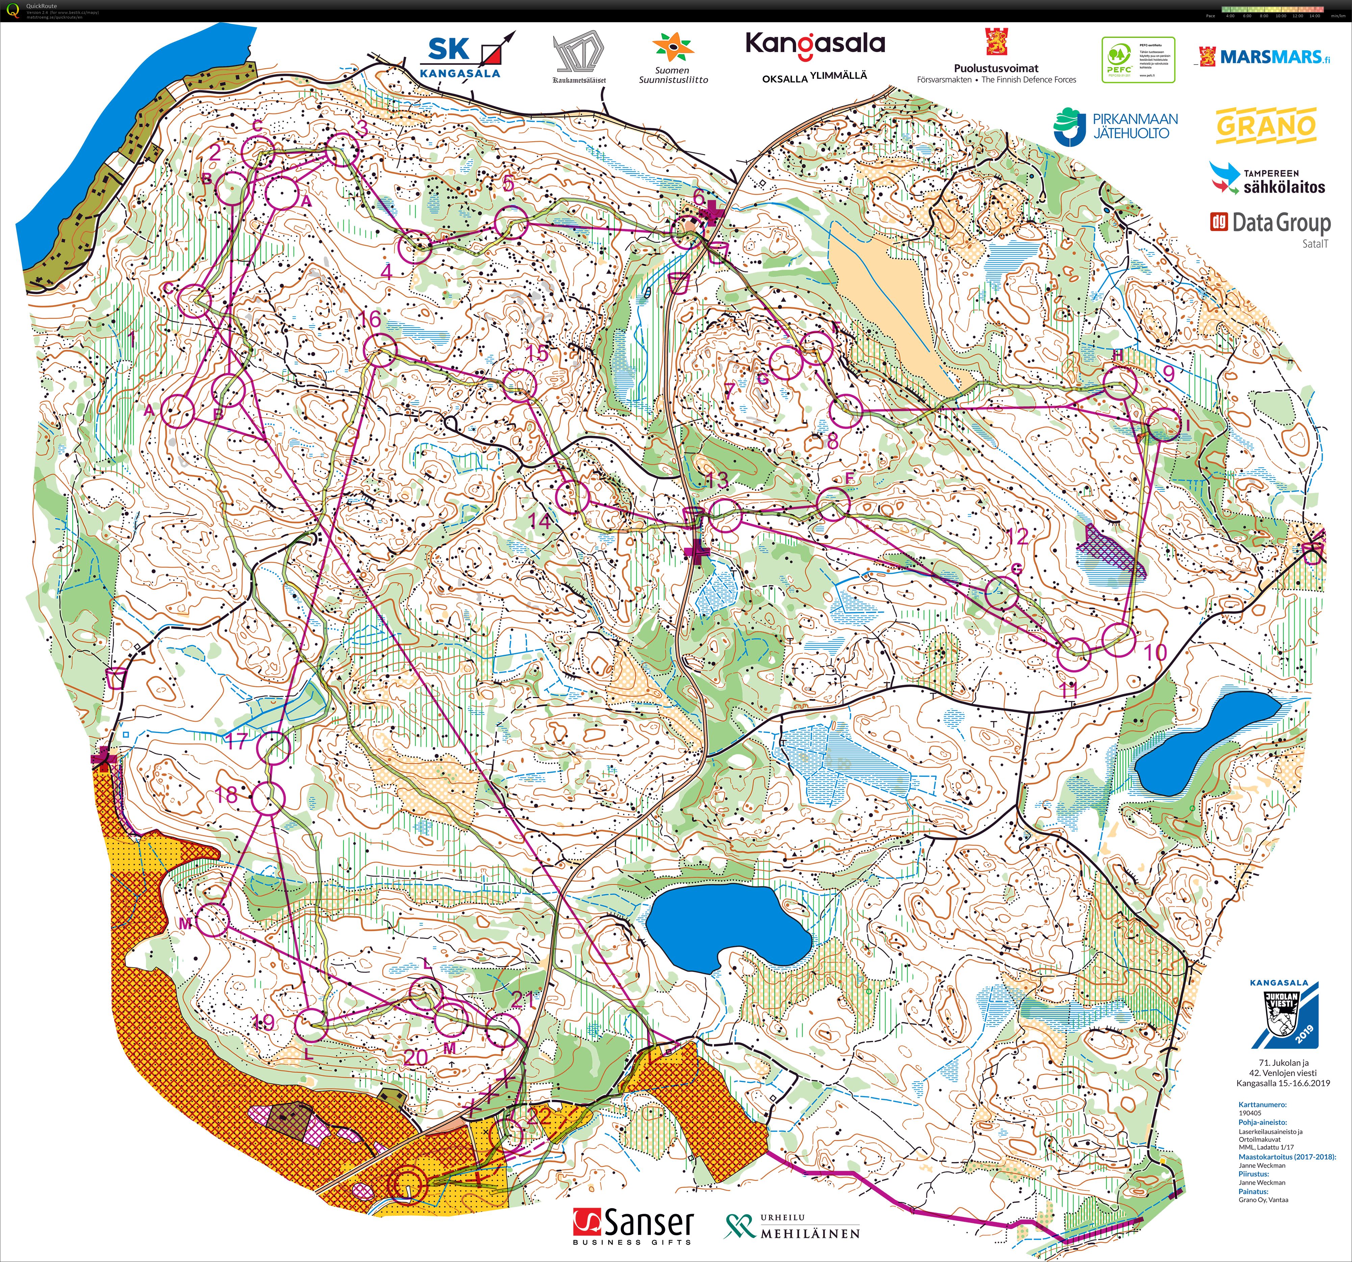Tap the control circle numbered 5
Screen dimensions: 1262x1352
pos(511,223)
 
